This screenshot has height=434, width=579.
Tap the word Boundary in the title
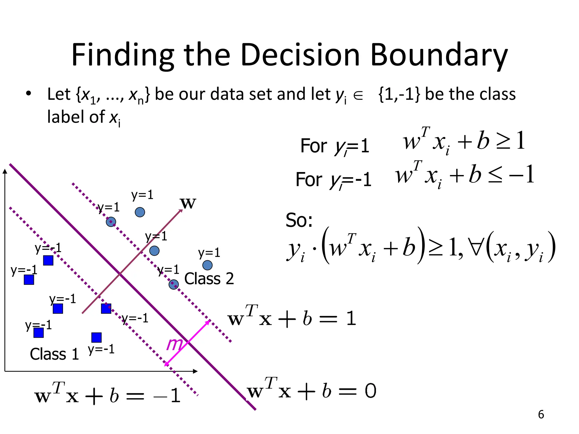coord(439,55)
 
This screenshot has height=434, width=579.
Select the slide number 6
coord(541,415)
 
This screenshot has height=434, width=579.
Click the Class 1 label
coord(54,354)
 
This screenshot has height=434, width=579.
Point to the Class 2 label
coord(209,279)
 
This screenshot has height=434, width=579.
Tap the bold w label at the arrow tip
coord(188,203)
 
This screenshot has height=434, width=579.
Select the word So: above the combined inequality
coord(299,220)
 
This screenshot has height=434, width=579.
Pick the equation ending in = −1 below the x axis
coord(107,396)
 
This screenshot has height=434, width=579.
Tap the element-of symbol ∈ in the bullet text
coord(358,96)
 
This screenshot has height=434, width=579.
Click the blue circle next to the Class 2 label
coord(174,285)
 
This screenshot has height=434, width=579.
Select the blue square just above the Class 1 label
coord(39,333)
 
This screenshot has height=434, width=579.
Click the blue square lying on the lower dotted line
coord(106,309)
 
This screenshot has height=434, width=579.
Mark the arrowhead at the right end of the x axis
coord(195,371)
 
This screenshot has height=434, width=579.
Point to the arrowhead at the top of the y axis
coord(5,172)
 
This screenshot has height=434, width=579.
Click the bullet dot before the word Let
coord(28,94)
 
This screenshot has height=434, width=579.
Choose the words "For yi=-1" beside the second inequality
coord(333,180)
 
